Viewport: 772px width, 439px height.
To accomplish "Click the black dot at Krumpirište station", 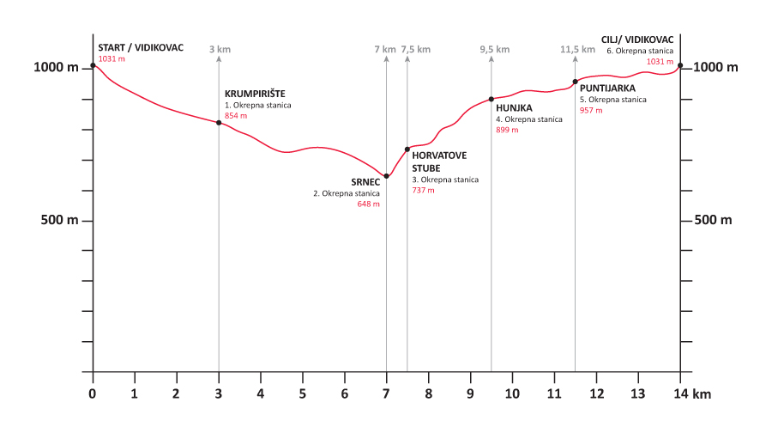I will (x=219, y=123).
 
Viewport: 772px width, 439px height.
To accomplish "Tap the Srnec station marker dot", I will (x=387, y=176).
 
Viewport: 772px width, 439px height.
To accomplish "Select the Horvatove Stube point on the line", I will (x=407, y=149).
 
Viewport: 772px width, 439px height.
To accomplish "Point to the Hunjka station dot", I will (x=492, y=100).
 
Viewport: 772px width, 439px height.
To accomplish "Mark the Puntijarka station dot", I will (x=575, y=82).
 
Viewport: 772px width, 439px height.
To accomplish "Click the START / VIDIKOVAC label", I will (x=141, y=47).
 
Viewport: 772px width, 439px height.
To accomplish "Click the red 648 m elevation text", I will (x=368, y=204).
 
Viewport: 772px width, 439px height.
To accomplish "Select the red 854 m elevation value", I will (x=236, y=116).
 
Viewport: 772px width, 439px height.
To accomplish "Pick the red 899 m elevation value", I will (x=507, y=131).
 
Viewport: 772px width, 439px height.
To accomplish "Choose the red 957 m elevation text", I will (x=591, y=111).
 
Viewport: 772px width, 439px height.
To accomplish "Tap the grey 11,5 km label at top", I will (x=577, y=50).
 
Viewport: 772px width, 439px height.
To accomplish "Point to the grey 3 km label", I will (x=220, y=50).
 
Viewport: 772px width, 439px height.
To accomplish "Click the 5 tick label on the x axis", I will (x=303, y=393).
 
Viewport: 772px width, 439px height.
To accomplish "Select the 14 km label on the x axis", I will (x=691, y=393).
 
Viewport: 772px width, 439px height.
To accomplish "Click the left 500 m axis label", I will (x=61, y=221).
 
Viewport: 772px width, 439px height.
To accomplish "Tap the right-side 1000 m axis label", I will (x=714, y=67).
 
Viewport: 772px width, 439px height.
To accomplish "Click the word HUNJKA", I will (x=515, y=108).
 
